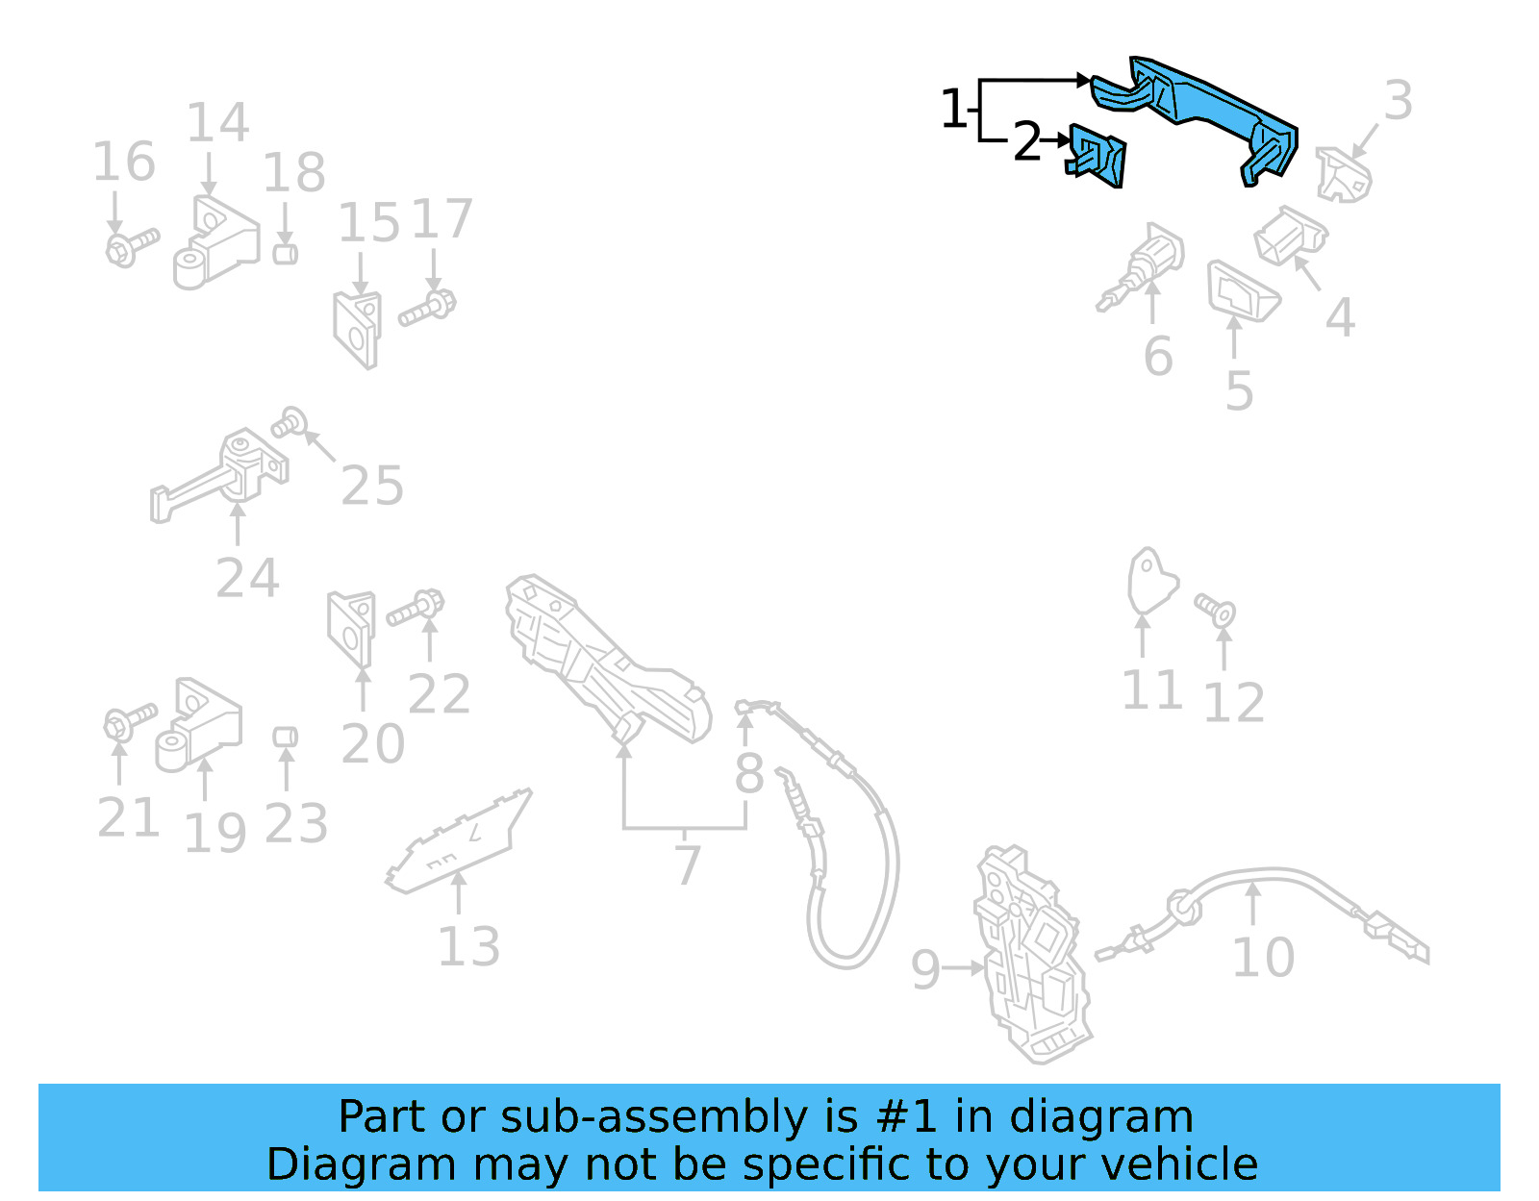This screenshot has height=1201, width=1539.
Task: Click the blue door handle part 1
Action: coord(1202,106)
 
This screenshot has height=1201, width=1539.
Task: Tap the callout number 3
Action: coord(1398,101)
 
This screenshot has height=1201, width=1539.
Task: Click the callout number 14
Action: coord(217,123)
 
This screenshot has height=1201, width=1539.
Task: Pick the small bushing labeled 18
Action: coord(285,254)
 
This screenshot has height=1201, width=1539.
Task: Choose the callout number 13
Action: coord(468,947)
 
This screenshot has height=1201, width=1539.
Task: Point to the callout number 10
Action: coord(1263,958)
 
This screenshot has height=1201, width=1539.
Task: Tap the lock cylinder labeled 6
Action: coord(1145,269)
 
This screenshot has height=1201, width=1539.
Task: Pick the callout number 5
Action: coord(1239,391)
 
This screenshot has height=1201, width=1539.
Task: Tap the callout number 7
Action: coord(687,865)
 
